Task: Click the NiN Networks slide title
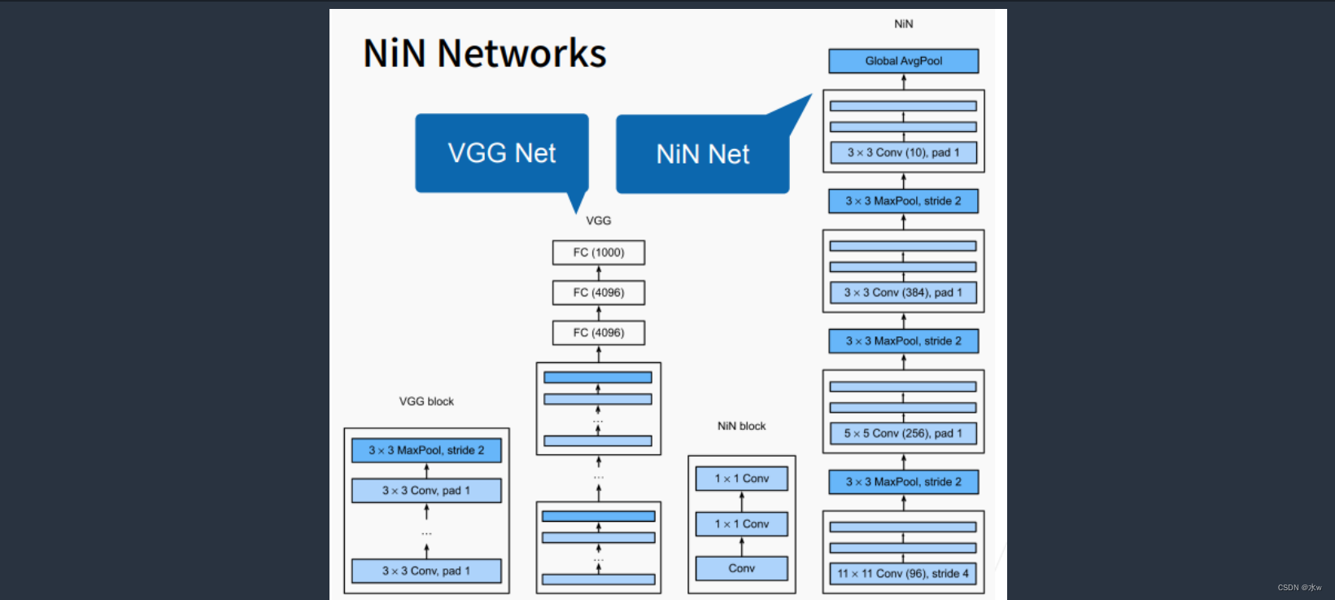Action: tap(484, 54)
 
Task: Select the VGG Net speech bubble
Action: tap(502, 153)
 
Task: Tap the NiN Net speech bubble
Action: tap(702, 154)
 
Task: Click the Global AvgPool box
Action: tap(903, 61)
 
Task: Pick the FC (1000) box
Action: tap(599, 252)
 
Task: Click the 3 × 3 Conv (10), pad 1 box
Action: tap(903, 152)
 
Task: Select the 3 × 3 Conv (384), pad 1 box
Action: tap(903, 292)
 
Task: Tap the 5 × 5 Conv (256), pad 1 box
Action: tap(903, 433)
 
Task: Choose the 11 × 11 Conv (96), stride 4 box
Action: tap(903, 573)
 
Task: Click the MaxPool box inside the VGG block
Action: tap(426, 450)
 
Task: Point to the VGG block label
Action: tap(426, 401)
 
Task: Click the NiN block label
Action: tap(741, 426)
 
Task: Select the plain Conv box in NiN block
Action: tap(741, 568)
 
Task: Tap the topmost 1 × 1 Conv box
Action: tap(741, 479)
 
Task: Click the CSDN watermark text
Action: tap(1299, 587)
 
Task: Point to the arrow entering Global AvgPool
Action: tap(903, 81)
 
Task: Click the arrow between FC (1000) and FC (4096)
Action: tap(599, 273)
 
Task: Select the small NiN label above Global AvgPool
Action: tap(903, 24)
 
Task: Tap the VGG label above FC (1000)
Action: tap(598, 221)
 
